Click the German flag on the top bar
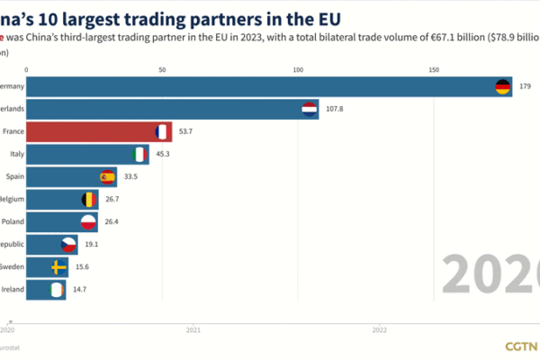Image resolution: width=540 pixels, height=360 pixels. pyautogui.click(x=502, y=87)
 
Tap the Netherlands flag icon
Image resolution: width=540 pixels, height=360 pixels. pyautogui.click(x=309, y=110)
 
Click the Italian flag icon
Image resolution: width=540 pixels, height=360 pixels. pyautogui.click(x=139, y=155)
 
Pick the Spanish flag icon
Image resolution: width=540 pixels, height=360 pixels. pyautogui.click(x=107, y=177)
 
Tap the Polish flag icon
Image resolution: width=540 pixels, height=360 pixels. pyautogui.click(x=88, y=222)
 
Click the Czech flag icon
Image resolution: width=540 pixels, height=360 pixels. pyautogui.click(x=68, y=245)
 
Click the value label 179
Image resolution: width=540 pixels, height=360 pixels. pyautogui.click(x=526, y=87)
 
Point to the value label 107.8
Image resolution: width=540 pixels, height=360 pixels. pyautogui.click(x=335, y=110)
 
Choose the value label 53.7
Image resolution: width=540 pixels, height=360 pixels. pyautogui.click(x=187, y=132)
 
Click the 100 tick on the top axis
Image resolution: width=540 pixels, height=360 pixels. pyautogui.click(x=298, y=68)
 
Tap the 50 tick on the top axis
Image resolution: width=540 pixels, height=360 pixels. pyautogui.click(x=162, y=68)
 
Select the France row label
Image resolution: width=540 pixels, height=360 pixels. pyautogui.click(x=13, y=132)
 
